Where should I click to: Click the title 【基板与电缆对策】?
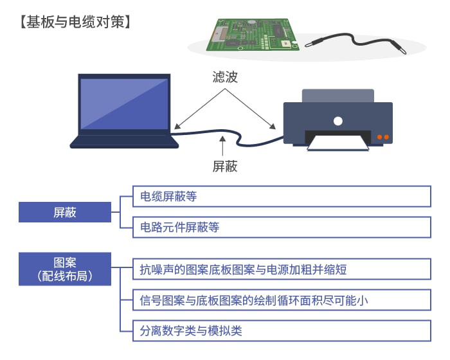click(75, 22)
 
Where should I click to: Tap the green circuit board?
click(253, 35)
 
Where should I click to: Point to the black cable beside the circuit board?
click(355, 43)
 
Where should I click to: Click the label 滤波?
click(225, 77)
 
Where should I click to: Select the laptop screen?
click(124, 104)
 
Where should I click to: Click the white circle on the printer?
click(338, 121)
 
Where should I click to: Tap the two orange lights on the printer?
click(383, 137)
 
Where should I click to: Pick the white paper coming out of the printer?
click(338, 143)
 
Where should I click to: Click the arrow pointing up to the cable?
click(222, 145)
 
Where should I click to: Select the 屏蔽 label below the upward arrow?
click(225, 166)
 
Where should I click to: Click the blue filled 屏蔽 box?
click(65, 212)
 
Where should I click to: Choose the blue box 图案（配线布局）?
click(65, 269)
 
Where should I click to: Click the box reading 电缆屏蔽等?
click(282, 196)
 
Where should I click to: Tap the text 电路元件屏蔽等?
click(179, 227)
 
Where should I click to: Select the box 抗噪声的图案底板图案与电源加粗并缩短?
click(282, 269)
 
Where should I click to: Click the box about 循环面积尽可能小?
click(282, 300)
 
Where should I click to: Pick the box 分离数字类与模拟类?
click(282, 330)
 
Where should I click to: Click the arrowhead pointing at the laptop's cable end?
click(177, 126)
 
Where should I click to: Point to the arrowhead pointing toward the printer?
click(273, 126)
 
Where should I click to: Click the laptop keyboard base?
click(124, 141)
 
